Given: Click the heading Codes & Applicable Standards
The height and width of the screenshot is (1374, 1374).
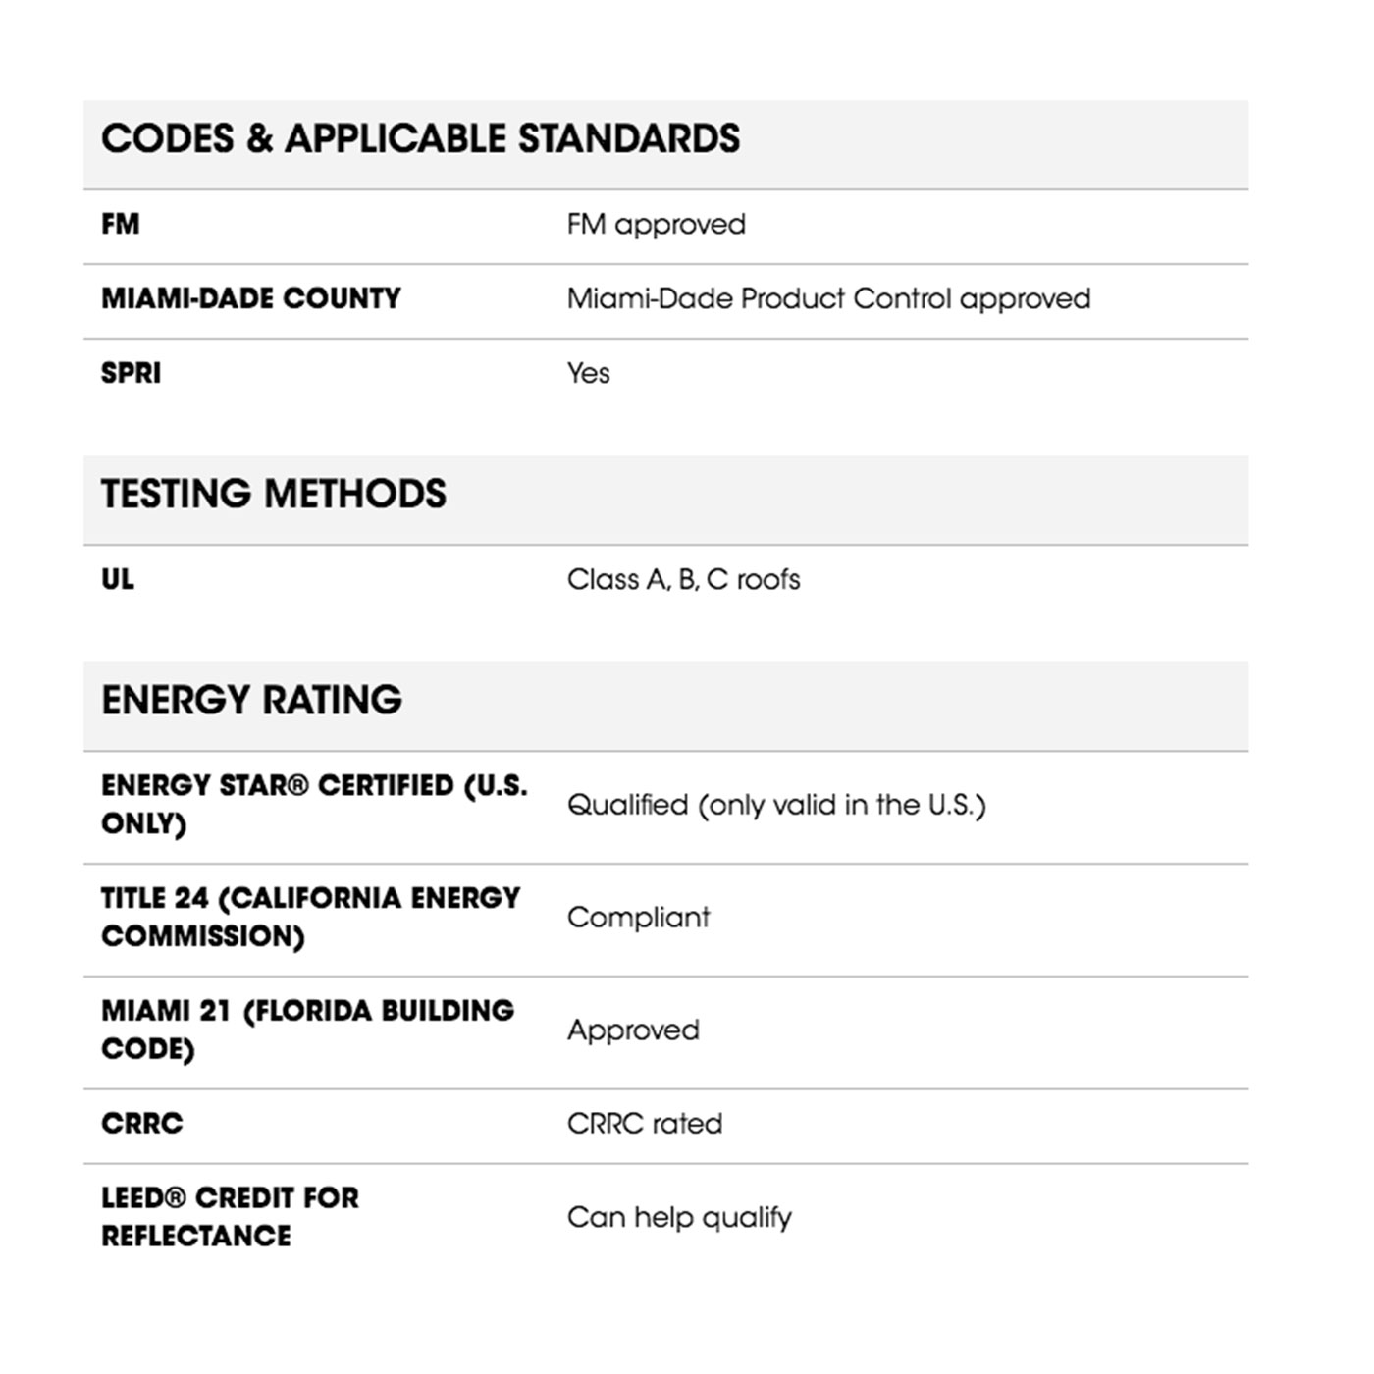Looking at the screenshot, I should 420,138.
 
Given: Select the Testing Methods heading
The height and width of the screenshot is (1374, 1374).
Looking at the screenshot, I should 274,494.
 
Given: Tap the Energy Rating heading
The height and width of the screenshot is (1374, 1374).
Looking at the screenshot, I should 252,700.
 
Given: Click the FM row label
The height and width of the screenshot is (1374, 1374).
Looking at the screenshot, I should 121,225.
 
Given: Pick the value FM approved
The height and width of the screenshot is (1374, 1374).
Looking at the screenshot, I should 656,225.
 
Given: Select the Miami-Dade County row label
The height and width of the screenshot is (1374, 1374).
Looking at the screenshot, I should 251,298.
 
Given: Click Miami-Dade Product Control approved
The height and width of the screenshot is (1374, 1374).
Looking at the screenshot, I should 828,298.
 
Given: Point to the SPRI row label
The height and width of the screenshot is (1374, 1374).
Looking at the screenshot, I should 132,373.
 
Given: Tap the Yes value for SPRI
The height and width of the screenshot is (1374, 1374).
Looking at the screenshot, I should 589,373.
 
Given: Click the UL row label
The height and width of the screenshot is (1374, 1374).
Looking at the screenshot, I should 118,579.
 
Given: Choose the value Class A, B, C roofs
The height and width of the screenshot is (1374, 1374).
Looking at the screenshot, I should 683,579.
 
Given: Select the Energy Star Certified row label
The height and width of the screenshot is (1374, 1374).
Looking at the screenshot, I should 314,804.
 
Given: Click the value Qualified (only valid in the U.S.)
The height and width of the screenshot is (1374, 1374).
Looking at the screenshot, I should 776,805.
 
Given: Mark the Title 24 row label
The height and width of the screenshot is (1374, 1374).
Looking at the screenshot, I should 310,917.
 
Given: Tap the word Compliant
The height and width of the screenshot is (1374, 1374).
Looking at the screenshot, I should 638,918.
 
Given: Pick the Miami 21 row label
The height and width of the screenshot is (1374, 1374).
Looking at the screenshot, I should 307,1030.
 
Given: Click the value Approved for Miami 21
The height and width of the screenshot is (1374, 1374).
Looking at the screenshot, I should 633,1030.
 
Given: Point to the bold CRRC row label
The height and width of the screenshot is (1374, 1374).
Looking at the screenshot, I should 142,1123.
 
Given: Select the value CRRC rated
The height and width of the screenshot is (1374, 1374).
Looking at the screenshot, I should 645,1123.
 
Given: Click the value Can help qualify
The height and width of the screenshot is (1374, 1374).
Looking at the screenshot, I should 679,1217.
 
